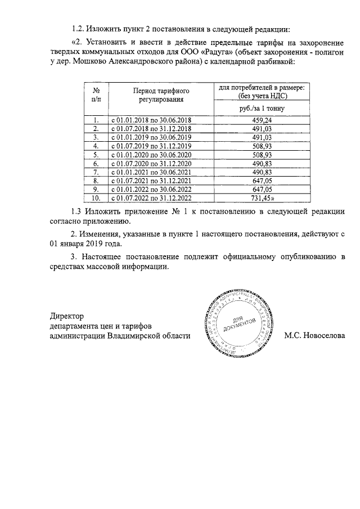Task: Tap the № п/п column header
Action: (x=96, y=94)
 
